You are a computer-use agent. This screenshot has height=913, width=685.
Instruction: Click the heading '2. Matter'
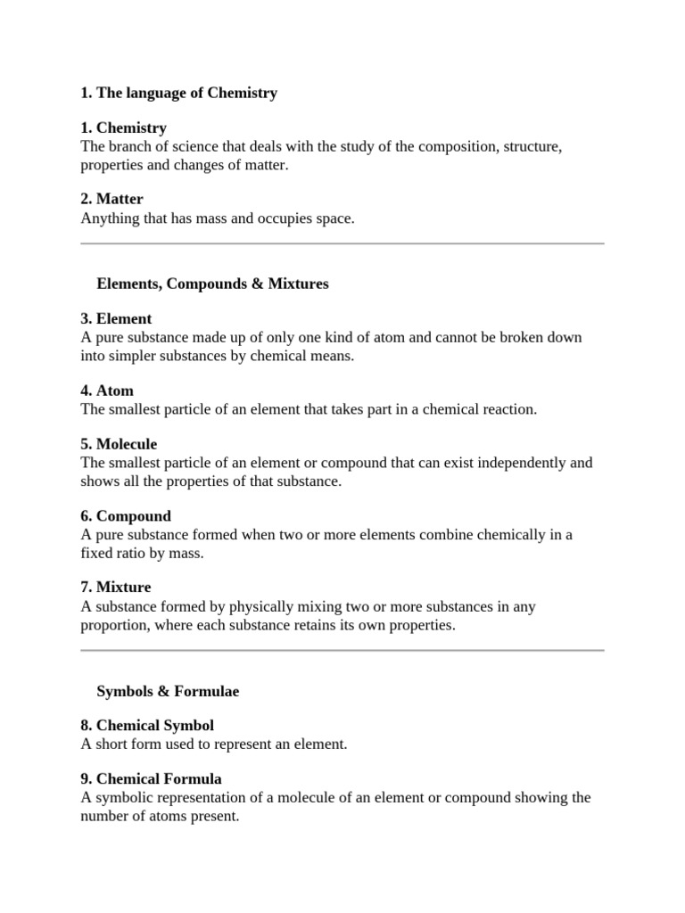(x=111, y=199)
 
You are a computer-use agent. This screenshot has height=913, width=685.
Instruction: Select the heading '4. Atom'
(x=107, y=391)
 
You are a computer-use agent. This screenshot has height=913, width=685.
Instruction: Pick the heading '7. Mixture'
(x=116, y=587)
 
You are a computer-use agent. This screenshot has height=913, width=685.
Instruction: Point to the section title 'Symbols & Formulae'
(x=168, y=691)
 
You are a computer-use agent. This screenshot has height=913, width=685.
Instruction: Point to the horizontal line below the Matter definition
(x=342, y=243)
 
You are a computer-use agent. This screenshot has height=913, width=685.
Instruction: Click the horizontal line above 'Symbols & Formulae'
(x=342, y=650)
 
